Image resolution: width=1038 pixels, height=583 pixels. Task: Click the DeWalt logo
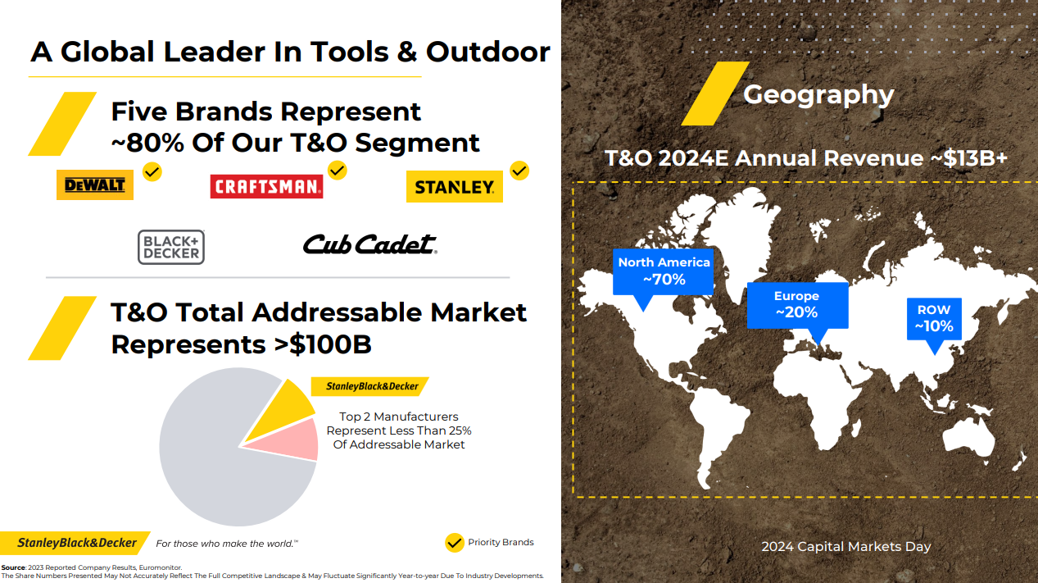click(95, 185)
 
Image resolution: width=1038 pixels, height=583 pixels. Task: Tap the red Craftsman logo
click(266, 186)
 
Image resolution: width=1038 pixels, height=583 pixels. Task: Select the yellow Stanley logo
click(455, 186)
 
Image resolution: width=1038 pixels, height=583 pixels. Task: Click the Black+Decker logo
click(171, 247)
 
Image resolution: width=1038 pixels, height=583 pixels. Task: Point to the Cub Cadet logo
click(369, 244)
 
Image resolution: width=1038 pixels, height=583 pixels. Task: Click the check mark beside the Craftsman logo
click(338, 171)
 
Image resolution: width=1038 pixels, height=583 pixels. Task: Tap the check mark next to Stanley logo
click(519, 171)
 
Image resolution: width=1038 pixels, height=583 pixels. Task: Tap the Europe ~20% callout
click(797, 305)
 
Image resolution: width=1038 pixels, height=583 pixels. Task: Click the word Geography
click(818, 96)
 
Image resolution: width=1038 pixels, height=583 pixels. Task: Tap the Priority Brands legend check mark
click(455, 543)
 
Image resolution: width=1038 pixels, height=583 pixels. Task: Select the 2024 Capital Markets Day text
click(846, 547)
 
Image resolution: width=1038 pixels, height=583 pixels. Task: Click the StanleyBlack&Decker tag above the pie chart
click(369, 386)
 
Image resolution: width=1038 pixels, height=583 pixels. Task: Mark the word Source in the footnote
click(13, 567)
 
